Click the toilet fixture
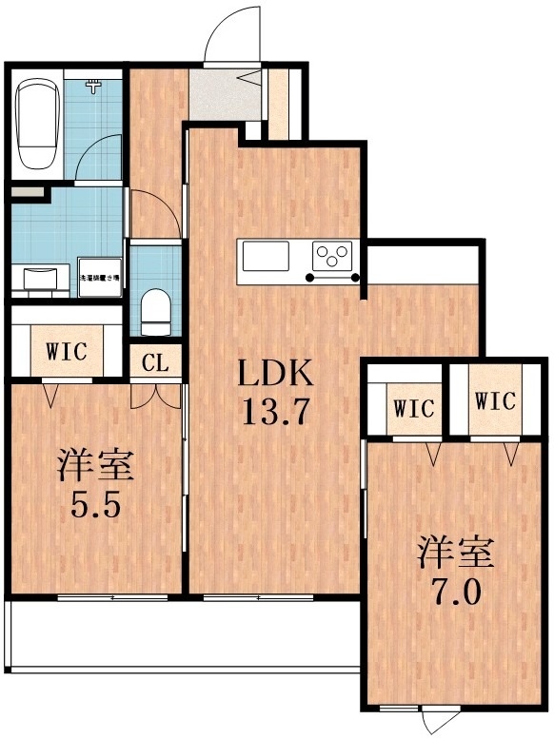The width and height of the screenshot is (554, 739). (x=153, y=310)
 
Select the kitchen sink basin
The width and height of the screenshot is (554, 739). (x=266, y=258)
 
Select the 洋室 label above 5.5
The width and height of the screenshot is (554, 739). (x=94, y=466)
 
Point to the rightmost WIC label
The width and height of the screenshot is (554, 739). (x=495, y=401)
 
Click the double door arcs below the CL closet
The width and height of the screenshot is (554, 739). (x=155, y=395)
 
